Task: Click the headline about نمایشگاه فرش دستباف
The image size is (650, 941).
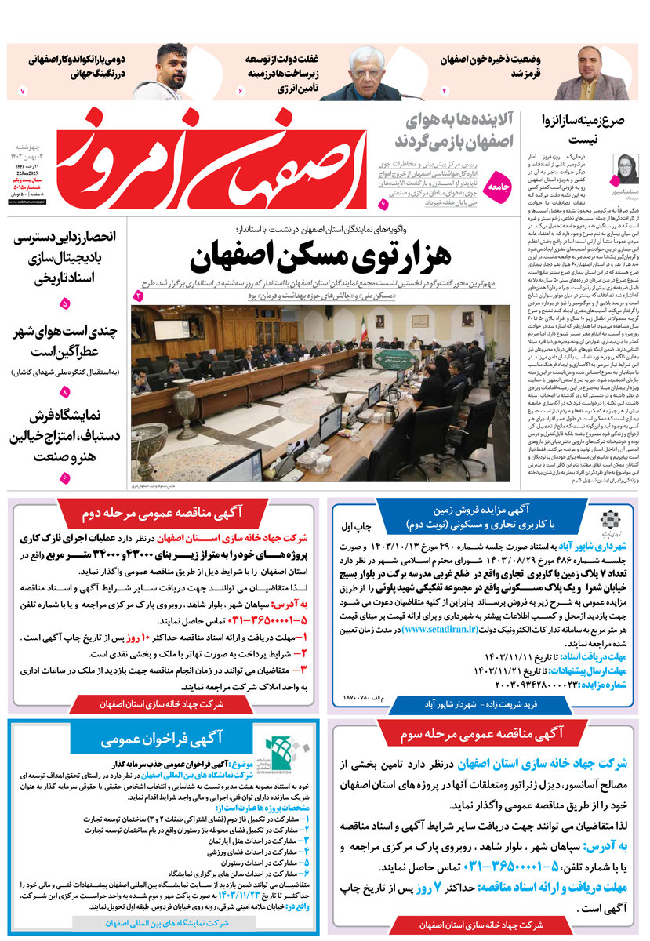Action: [x=67, y=436]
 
